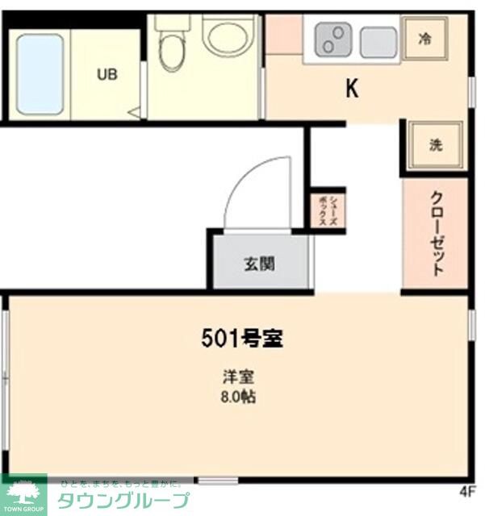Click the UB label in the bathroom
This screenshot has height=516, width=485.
coord(107,75)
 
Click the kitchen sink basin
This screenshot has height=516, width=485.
coord(378,42)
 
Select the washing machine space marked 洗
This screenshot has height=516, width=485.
coord(435,145)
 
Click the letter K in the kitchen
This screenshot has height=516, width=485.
coord(352,89)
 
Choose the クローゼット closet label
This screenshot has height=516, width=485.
coord(436,233)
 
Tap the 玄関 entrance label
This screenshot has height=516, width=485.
coord(259,263)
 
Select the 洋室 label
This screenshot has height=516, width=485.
coord(240,377)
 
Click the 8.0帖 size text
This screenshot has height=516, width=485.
coord(240,397)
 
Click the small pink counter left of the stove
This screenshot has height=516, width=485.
coord(283,34)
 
